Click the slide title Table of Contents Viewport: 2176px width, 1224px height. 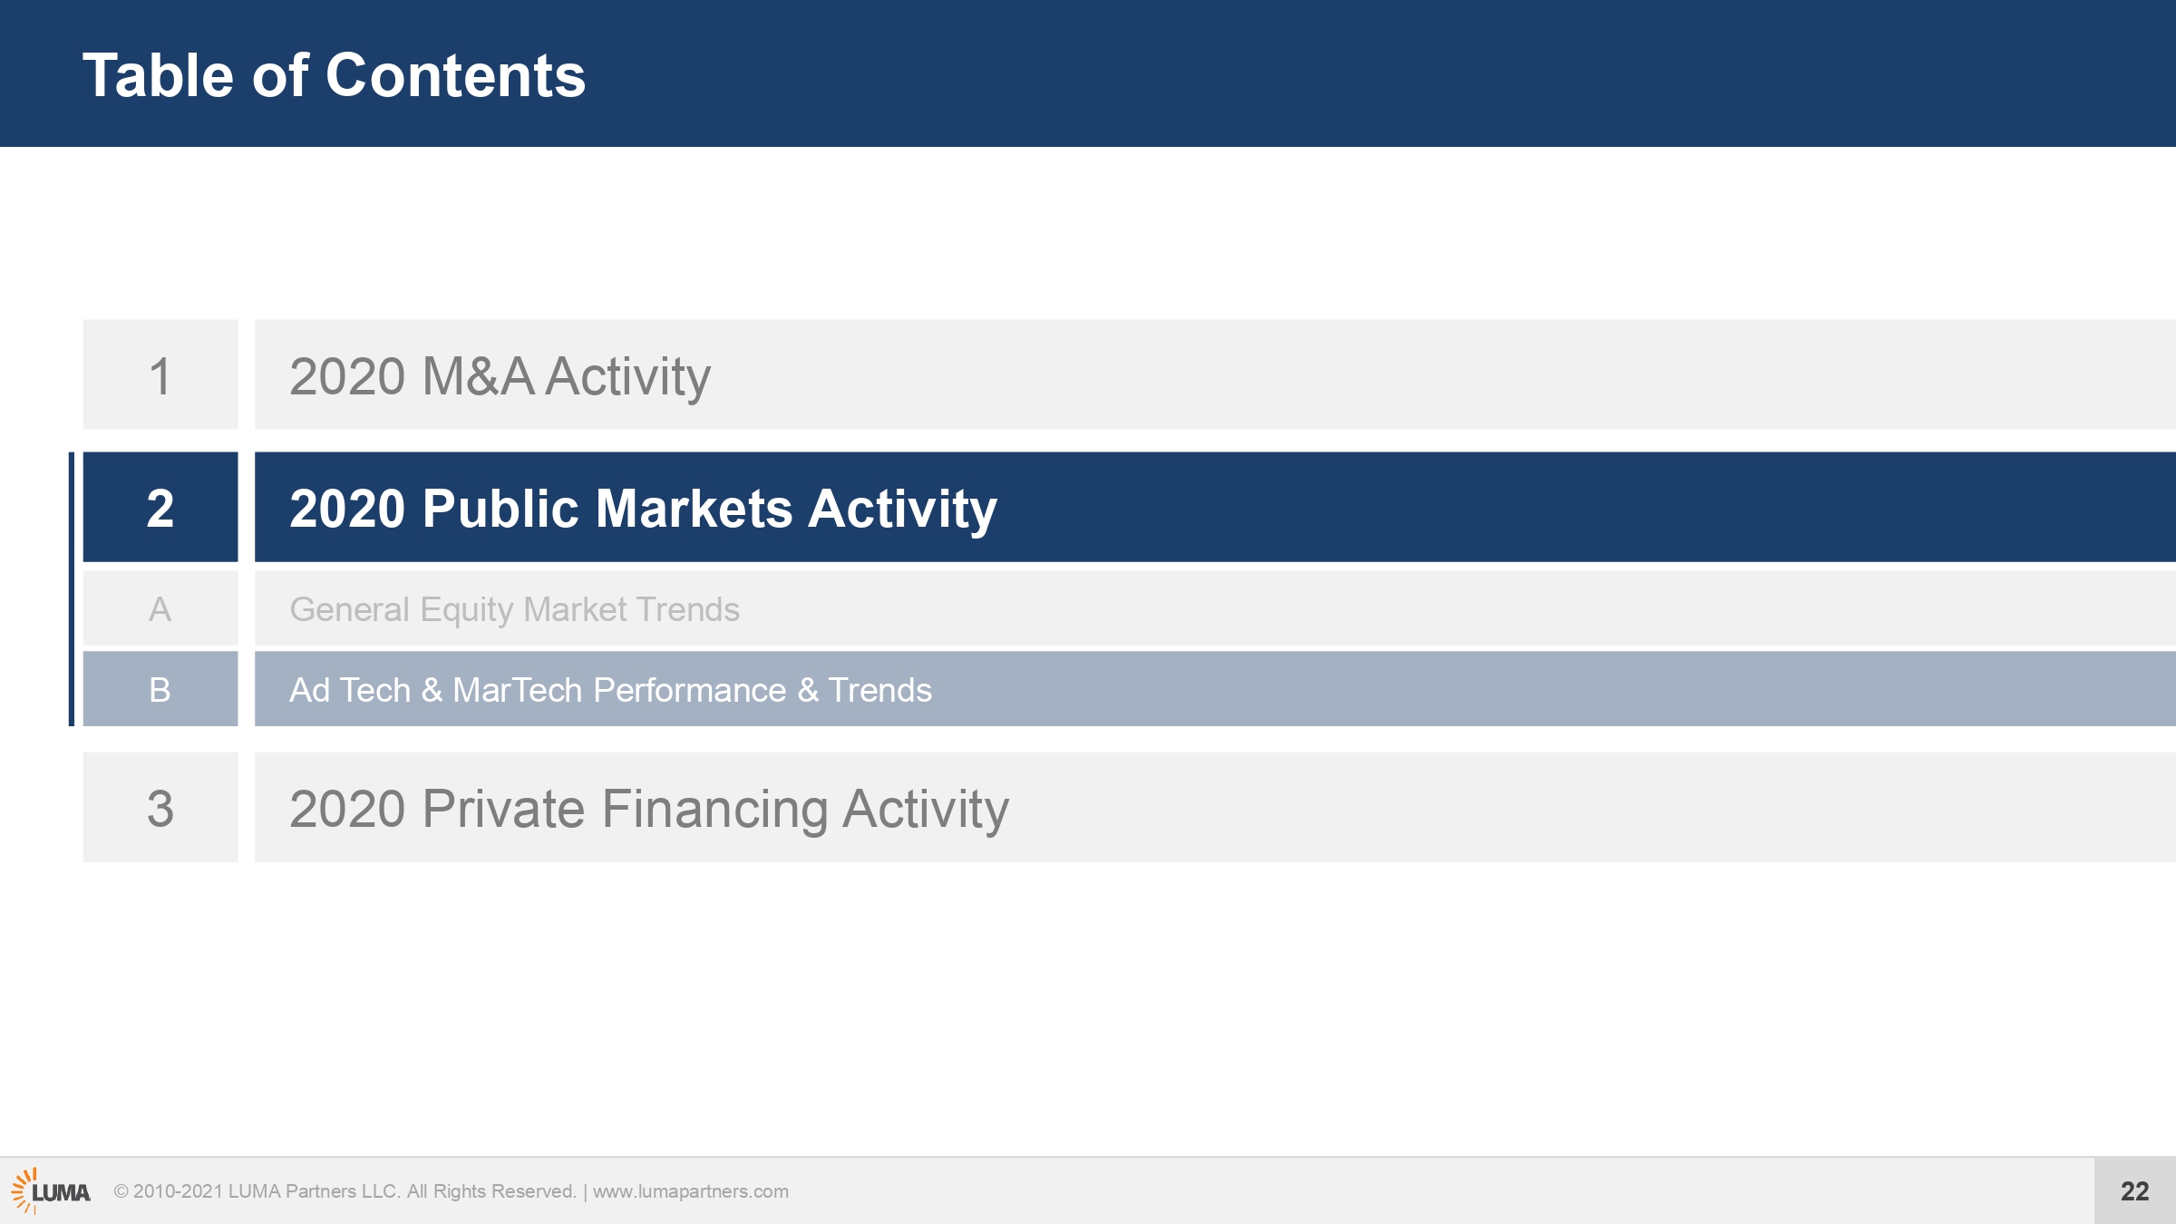pyautogui.click(x=334, y=75)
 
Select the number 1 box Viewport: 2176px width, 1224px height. pyautogui.click(x=160, y=374)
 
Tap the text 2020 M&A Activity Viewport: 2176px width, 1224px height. pyautogui.click(x=500, y=376)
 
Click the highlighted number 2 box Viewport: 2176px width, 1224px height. pyautogui.click(x=160, y=507)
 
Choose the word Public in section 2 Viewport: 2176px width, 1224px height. pyautogui.click(x=500, y=508)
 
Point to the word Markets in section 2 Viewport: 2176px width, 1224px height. pyautogui.click(x=695, y=508)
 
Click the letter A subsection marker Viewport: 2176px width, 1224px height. pyautogui.click(x=160, y=608)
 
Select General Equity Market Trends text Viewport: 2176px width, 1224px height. pyautogui.click(x=514, y=610)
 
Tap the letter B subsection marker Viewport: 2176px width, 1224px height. pyautogui.click(x=160, y=689)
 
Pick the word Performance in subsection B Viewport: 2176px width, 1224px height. pyautogui.click(x=690, y=690)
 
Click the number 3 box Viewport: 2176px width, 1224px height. pyautogui.click(x=160, y=807)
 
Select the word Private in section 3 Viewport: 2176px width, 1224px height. pyautogui.click(x=503, y=808)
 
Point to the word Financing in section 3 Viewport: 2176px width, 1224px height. pyautogui.click(x=714, y=810)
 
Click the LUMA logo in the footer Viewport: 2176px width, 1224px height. pyautogui.click(x=51, y=1190)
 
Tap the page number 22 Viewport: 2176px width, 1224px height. pyautogui.click(x=2135, y=1190)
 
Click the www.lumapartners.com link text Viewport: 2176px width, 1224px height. pyautogui.click(x=691, y=1191)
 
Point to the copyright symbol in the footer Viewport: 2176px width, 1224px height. pyautogui.click(x=121, y=1191)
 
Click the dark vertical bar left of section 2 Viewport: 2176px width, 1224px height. pyautogui.click(x=72, y=589)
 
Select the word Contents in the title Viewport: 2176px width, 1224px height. pyautogui.click(x=455, y=75)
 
